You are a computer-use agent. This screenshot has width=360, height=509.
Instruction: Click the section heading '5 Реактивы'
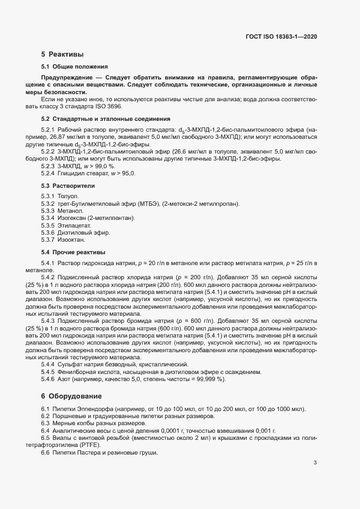coord(62,54)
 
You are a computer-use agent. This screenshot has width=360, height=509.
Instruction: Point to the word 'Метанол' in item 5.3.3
coord(70,211)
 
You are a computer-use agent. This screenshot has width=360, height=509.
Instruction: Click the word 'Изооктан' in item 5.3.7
coord(72,240)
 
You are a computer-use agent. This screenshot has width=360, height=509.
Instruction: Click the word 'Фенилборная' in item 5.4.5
coord(77,372)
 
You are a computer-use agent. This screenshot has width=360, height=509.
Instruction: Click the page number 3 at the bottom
coord(315,463)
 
